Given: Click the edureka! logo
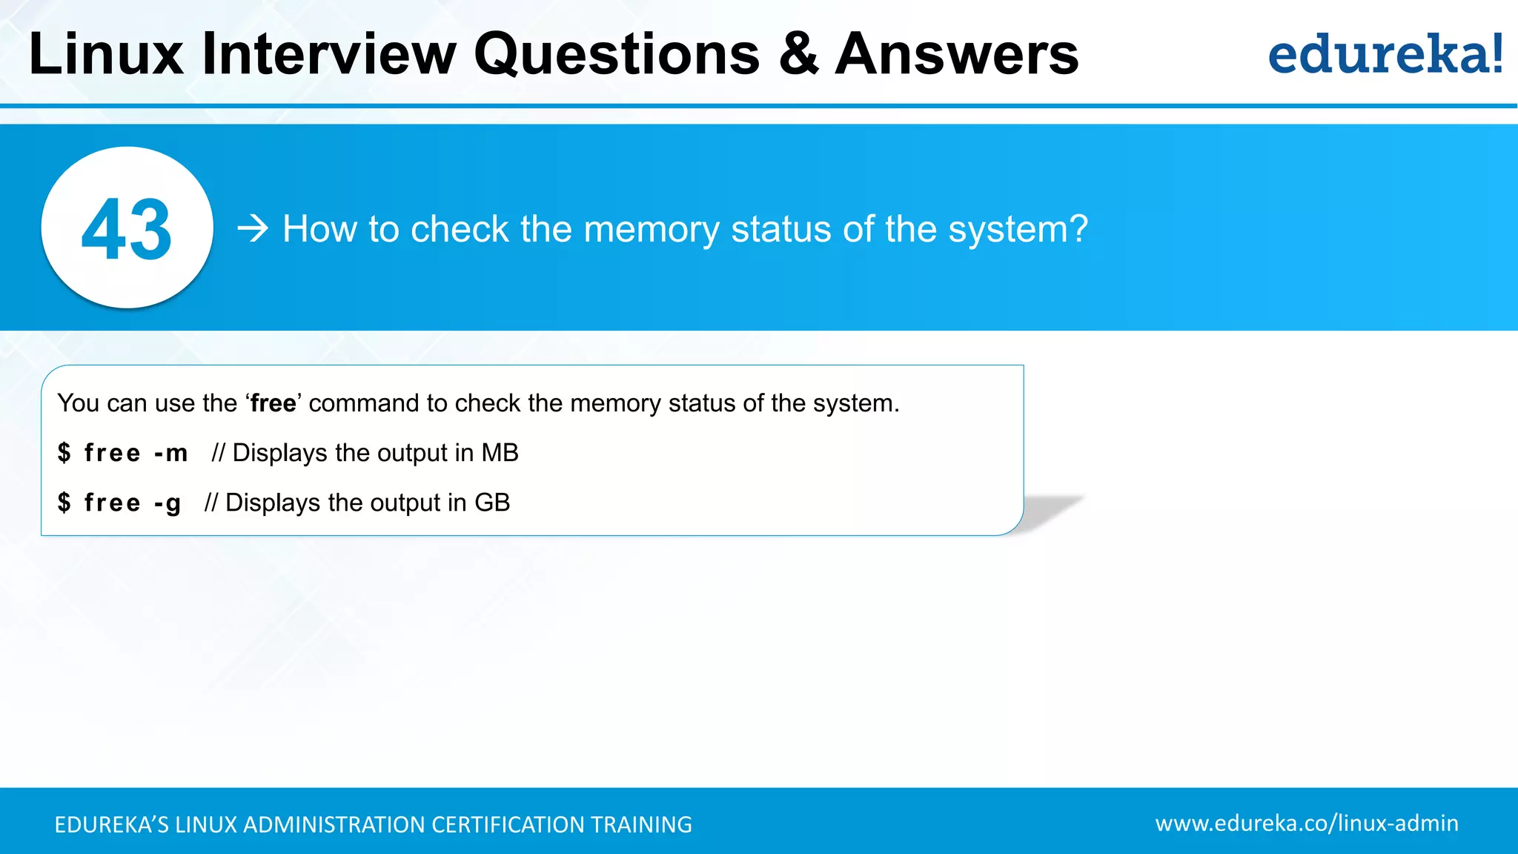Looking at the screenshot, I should pyautogui.click(x=1385, y=55).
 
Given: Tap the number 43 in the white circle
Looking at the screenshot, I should pyautogui.click(x=127, y=230).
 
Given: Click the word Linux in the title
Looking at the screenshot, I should pyautogui.click(x=106, y=55).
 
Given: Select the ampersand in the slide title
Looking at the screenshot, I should pyautogui.click(x=798, y=55).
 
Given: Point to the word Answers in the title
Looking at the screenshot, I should pyautogui.click(x=957, y=55).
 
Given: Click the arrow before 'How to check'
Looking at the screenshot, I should pyautogui.click(x=253, y=228).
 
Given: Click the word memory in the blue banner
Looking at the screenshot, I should pyautogui.click(x=652, y=230).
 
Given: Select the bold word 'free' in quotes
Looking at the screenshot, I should pyautogui.click(x=273, y=403).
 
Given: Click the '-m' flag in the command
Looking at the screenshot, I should pyautogui.click(x=171, y=453).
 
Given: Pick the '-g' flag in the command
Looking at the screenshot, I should pyautogui.click(x=168, y=503).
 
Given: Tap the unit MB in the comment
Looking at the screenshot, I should pyautogui.click(x=500, y=453).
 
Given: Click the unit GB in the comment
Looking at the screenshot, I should pyautogui.click(x=492, y=503).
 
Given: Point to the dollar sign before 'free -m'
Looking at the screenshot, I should pyautogui.click(x=64, y=453).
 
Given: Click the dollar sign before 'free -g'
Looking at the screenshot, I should pyautogui.click(x=64, y=503).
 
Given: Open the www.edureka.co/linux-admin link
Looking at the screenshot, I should pyautogui.click(x=1307, y=823).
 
